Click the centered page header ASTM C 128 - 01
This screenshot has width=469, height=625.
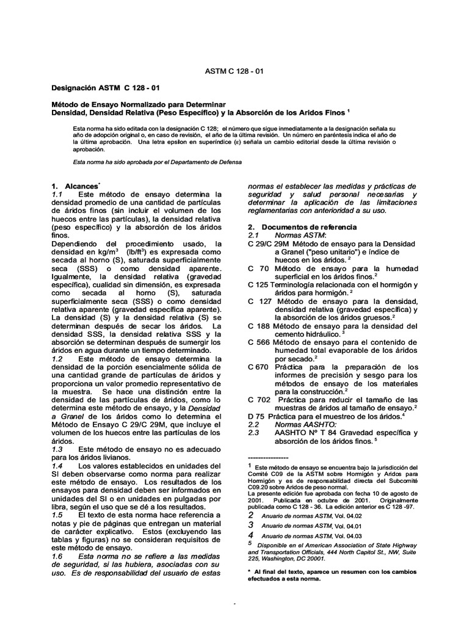pyautogui.click(x=234, y=71)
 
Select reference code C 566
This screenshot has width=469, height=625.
pyautogui.click(x=259, y=342)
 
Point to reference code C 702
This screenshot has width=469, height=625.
pyautogui.click(x=259, y=399)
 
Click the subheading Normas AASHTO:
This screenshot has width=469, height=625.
pyautogui.click(x=304, y=424)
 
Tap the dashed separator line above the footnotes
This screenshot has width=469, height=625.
pyautogui.click(x=268, y=457)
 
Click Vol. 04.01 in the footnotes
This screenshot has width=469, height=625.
pyautogui.click(x=349, y=524)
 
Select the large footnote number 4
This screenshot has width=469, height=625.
pyautogui.click(x=250, y=535)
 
